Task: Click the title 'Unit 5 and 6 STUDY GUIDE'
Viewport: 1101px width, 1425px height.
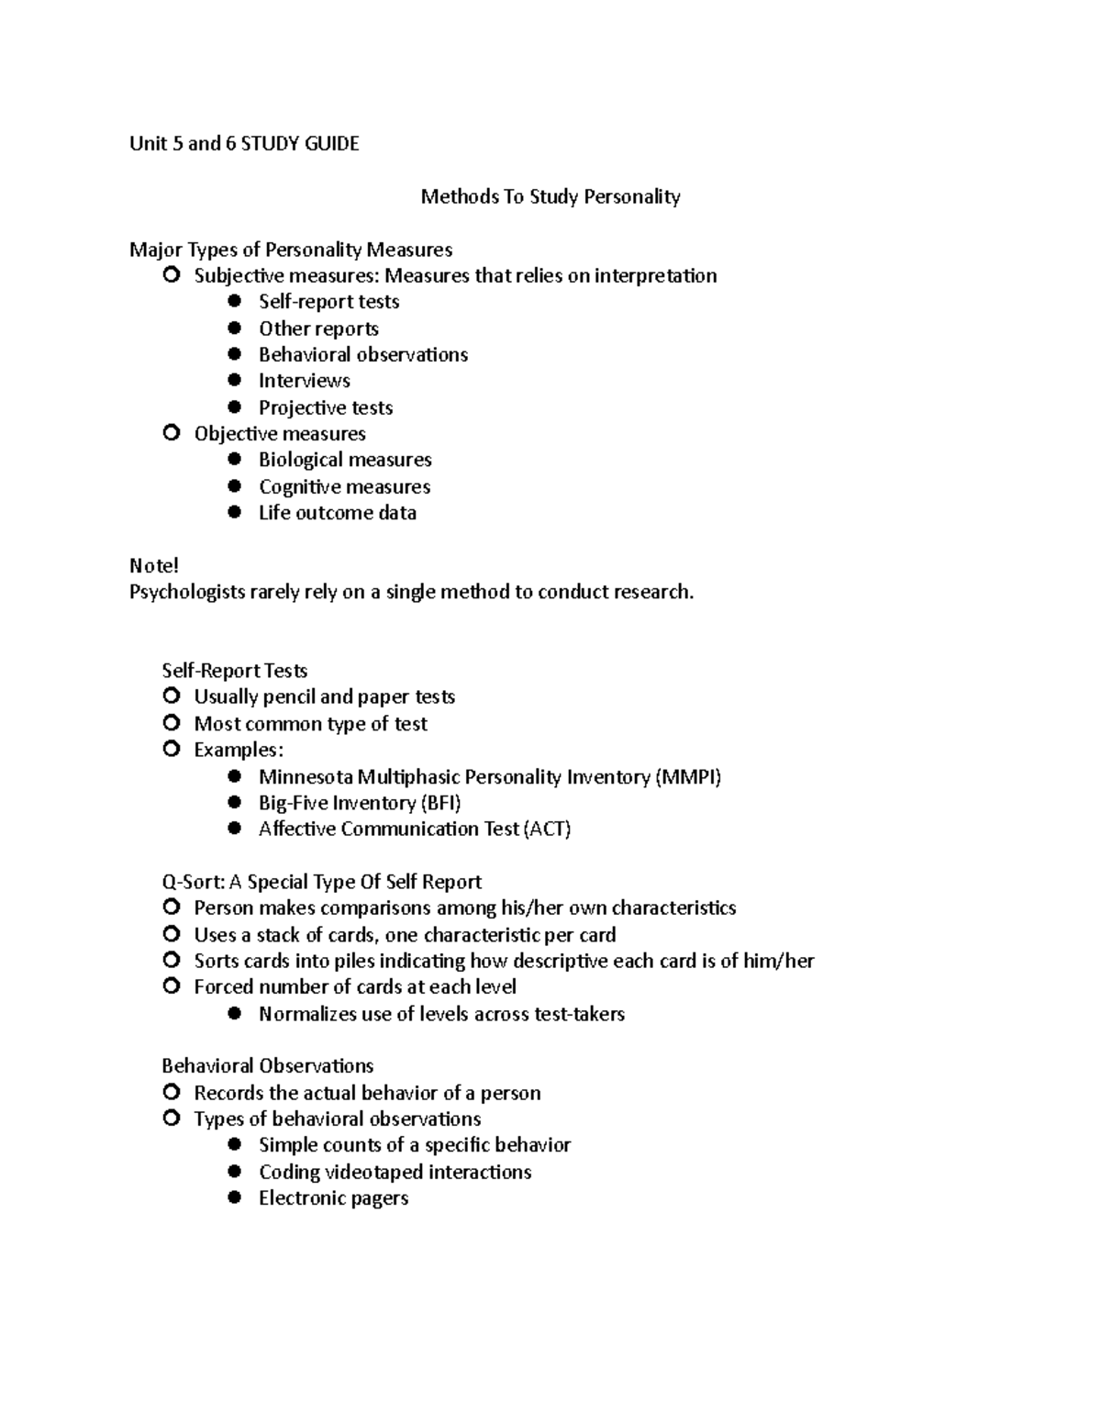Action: [x=244, y=143]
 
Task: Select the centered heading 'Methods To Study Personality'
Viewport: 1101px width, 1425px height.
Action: [x=550, y=196]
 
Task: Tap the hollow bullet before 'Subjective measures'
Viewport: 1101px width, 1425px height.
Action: [x=171, y=275]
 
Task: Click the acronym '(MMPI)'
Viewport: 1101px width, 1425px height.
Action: [x=687, y=777]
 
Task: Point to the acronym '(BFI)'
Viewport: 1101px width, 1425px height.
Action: [x=440, y=804]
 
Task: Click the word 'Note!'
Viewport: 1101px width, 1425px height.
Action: [x=153, y=565]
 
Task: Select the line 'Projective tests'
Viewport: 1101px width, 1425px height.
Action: [x=325, y=407]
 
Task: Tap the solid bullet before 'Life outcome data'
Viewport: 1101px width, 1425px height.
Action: [x=235, y=513]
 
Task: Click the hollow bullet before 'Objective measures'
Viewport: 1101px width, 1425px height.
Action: [x=171, y=433]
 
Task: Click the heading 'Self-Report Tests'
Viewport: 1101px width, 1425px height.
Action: [x=234, y=671]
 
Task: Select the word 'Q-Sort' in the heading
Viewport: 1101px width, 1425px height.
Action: [x=191, y=883]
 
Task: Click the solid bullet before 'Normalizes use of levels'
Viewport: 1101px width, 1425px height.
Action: [x=235, y=1014]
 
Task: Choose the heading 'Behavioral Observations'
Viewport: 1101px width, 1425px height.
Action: [x=267, y=1066]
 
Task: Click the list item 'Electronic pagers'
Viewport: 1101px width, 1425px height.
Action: [x=333, y=1198]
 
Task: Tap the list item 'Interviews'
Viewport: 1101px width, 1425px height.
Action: [x=304, y=381]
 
